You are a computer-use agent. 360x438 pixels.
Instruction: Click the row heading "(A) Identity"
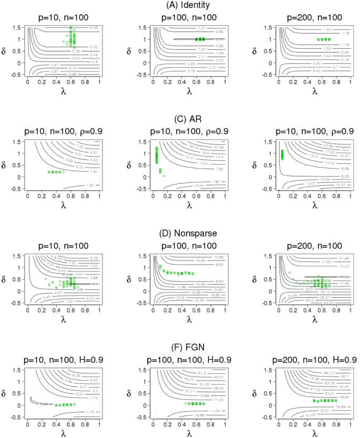[180, 5]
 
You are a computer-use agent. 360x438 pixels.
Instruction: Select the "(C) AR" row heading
[180, 119]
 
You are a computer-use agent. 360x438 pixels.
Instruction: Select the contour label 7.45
[80, 147]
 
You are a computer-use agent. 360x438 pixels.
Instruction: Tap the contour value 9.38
[95, 258]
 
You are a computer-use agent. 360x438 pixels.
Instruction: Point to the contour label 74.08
[315, 378]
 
